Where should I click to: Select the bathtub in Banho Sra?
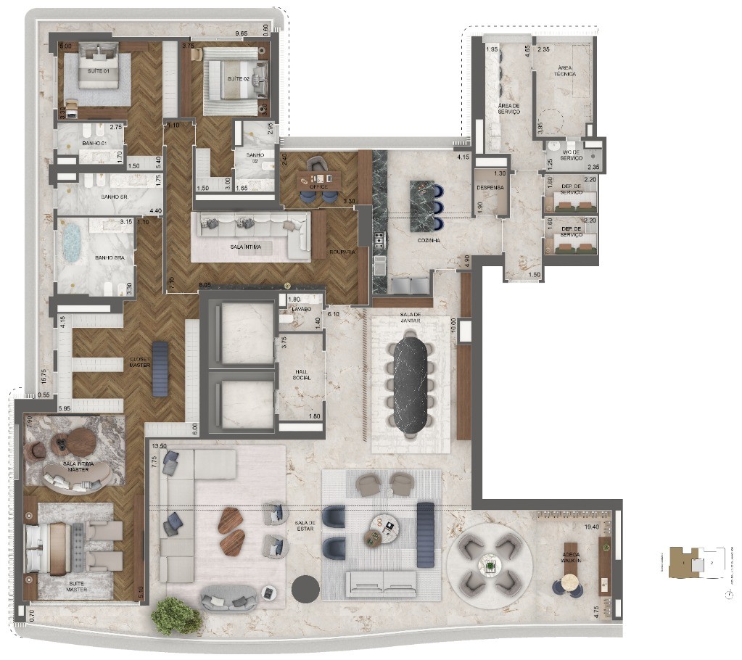[70, 245]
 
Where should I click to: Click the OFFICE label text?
[319, 186]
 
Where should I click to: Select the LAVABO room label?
[301, 309]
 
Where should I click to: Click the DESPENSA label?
[490, 187]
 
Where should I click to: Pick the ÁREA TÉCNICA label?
[564, 70]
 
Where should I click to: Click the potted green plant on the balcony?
[176, 616]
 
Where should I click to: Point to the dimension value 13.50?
[158, 447]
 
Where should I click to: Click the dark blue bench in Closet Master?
[160, 368]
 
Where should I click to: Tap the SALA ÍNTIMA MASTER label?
[75, 466]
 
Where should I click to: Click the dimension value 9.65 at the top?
[242, 33]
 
